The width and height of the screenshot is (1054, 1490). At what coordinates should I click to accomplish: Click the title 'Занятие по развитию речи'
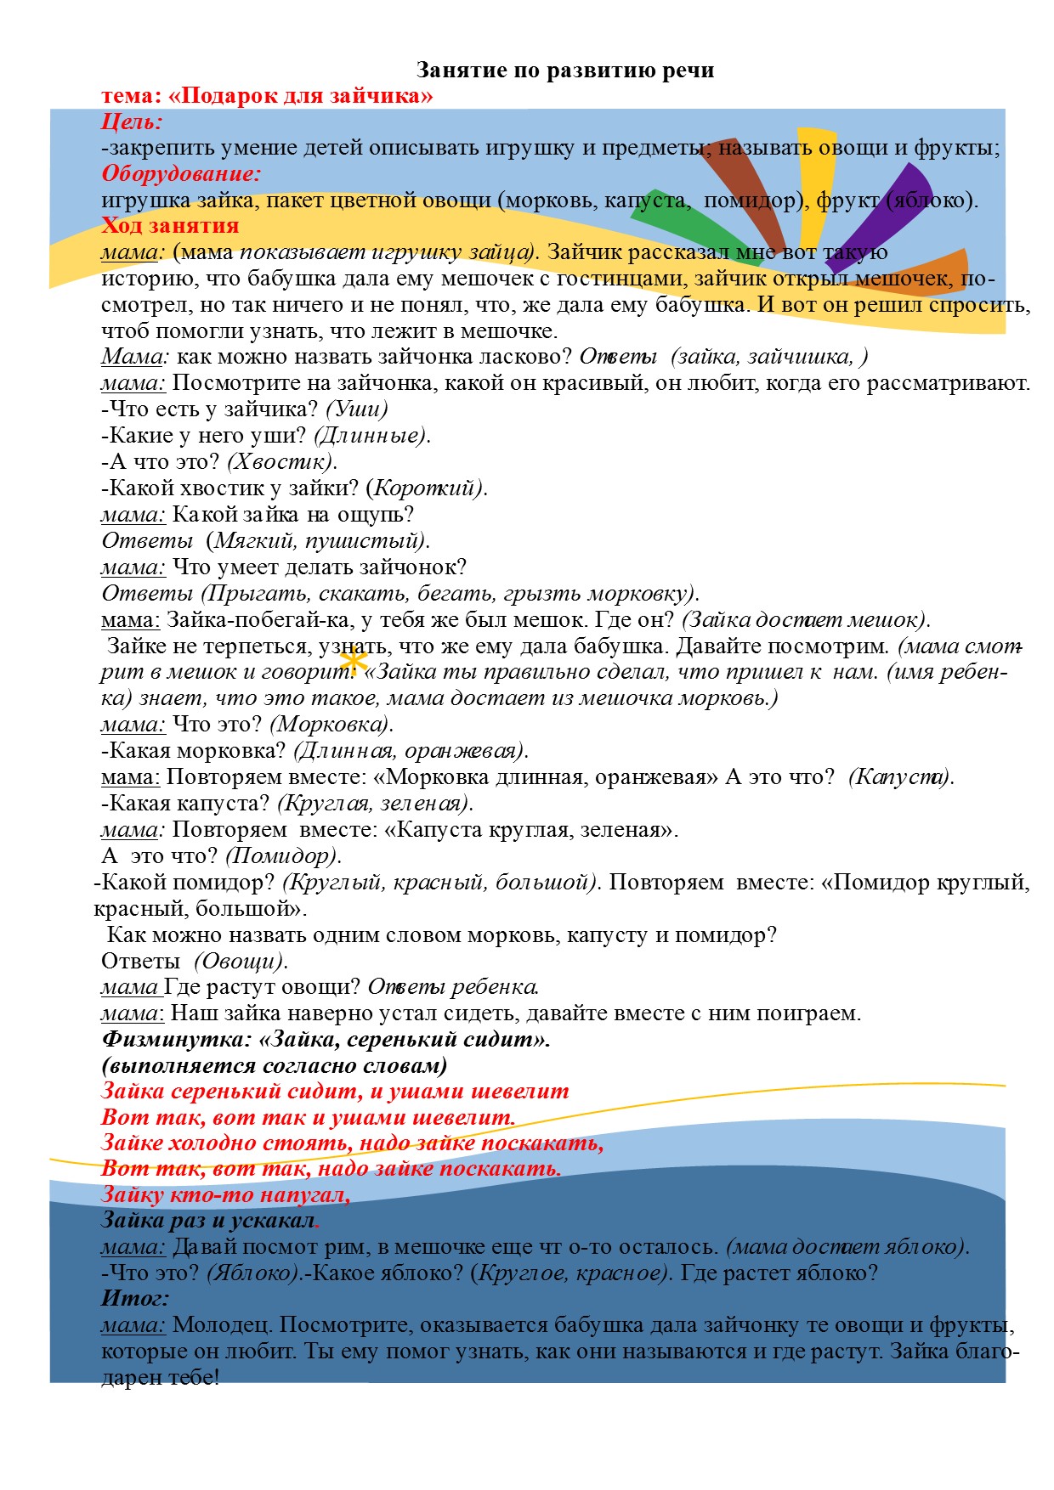pyautogui.click(x=564, y=71)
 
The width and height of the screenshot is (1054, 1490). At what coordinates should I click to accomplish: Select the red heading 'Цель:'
pyautogui.click(x=132, y=122)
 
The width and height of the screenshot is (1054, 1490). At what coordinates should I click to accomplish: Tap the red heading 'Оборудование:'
pyautogui.click(x=180, y=174)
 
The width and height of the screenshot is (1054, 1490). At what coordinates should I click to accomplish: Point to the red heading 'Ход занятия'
pyautogui.click(x=170, y=226)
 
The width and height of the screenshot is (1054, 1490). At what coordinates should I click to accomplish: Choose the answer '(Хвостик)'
pyautogui.click(x=282, y=462)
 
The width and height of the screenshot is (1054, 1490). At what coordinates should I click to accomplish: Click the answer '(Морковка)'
pyautogui.click(x=331, y=725)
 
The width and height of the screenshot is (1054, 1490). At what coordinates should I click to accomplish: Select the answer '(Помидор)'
pyautogui.click(x=283, y=856)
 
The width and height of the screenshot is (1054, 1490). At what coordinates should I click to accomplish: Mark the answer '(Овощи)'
pyautogui.click(x=241, y=962)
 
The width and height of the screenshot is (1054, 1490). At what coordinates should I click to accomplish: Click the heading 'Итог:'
pyautogui.click(x=135, y=1299)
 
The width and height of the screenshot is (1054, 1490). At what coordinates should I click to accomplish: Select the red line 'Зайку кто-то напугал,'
pyautogui.click(x=225, y=1195)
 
